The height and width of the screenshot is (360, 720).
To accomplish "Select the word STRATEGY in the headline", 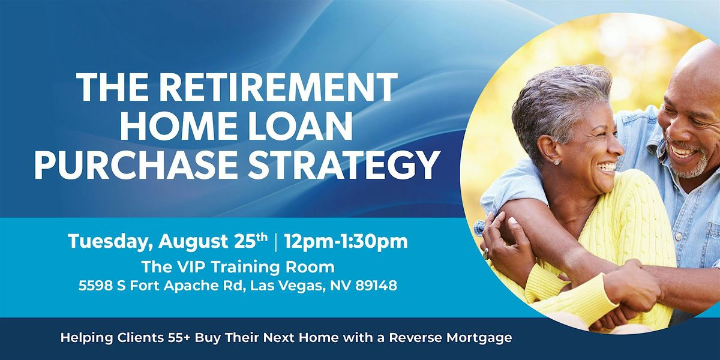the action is (342, 165).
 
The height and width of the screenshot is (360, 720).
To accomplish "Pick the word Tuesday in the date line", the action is (110, 242).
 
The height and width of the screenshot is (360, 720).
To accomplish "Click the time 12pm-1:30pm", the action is (346, 242).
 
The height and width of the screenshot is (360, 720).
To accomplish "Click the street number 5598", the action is (96, 286).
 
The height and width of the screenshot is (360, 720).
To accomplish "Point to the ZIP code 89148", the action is (376, 286).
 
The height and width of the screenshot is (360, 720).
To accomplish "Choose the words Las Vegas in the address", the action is (286, 286).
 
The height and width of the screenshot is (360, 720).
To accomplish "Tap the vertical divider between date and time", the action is (276, 242).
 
